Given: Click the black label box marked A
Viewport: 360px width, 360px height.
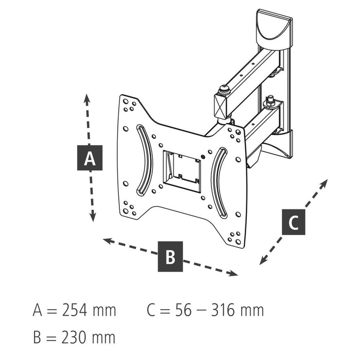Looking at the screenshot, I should coord(90,158).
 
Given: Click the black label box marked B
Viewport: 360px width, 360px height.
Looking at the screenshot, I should coord(170,255).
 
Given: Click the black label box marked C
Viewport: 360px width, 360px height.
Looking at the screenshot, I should coord(293,222).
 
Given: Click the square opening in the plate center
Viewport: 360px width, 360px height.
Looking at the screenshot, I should coord(182,170).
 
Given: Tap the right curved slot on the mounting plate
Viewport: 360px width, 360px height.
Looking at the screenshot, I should coord(219,182).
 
